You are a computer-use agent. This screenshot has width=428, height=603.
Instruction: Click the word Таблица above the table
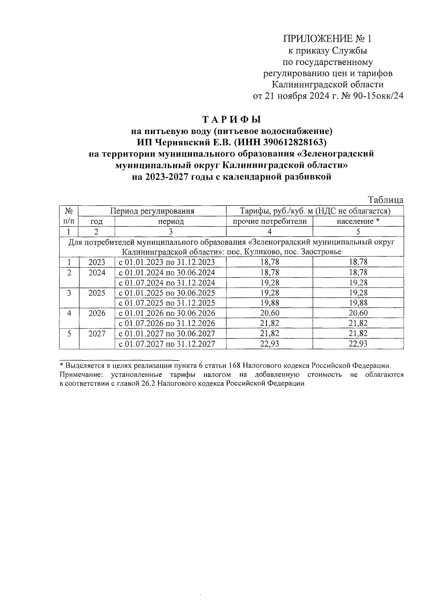(386, 200)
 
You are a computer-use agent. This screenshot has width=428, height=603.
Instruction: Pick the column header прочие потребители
(270, 221)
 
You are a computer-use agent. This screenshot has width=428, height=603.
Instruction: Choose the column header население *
(358, 221)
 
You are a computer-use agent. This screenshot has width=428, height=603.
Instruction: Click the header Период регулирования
(152, 211)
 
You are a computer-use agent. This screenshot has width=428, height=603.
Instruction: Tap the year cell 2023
(97, 262)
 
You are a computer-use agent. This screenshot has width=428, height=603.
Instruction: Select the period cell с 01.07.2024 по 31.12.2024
(167, 283)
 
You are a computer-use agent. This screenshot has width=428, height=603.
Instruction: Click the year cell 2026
(97, 313)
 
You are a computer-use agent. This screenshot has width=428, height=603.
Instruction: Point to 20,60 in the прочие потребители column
(270, 313)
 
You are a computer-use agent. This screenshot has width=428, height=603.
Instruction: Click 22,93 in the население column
(358, 344)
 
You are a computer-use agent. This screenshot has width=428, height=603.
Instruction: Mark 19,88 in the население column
(358, 303)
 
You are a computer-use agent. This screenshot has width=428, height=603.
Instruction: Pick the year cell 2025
(97, 293)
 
